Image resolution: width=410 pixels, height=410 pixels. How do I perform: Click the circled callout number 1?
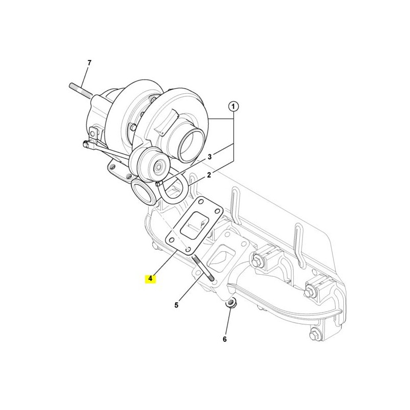[x=234, y=107]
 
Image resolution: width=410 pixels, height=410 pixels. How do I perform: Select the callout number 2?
[x=209, y=175]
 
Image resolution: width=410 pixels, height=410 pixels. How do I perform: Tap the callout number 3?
[x=210, y=157]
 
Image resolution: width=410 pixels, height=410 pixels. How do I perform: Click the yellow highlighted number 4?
[x=150, y=279]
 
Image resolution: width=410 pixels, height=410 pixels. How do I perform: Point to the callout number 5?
[x=176, y=305]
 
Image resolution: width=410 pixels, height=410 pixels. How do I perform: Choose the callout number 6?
[x=224, y=339]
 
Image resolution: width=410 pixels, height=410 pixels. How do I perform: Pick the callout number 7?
[x=89, y=63]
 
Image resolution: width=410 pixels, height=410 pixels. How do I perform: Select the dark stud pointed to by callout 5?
[x=203, y=269]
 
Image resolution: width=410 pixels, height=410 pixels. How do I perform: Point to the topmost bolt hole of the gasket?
[x=201, y=201]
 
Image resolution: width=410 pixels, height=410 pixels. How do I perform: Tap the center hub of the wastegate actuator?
[x=158, y=166]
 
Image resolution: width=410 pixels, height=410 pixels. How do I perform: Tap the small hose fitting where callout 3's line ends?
[x=158, y=184]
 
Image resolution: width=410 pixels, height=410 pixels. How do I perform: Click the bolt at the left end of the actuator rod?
[x=86, y=144]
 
